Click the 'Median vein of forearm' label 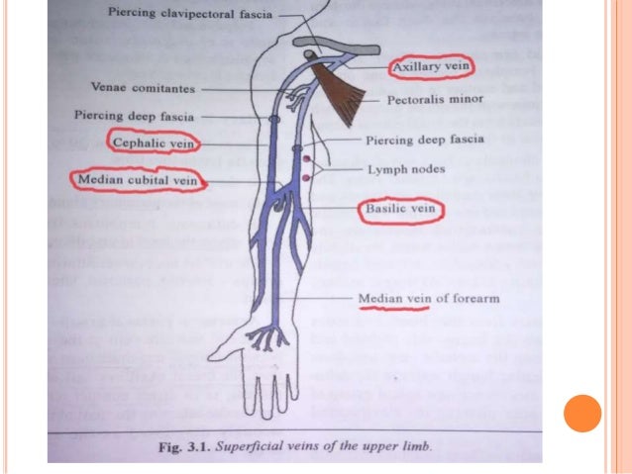[425, 298]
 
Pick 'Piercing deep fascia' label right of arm [425, 140]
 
